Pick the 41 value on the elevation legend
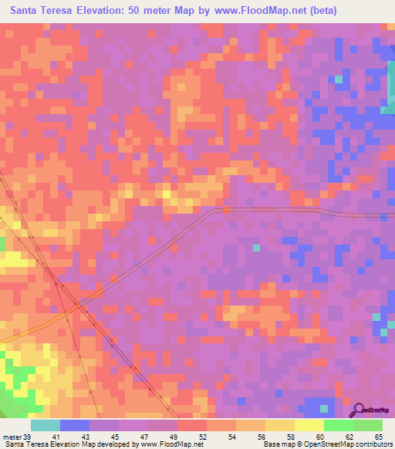click(x=57, y=437)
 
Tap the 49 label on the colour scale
click(x=174, y=437)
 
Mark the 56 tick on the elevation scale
click(x=262, y=437)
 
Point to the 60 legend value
click(x=321, y=437)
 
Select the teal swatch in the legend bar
click(x=46, y=425)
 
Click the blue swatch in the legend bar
click(x=75, y=425)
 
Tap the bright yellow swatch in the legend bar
click(x=309, y=425)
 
